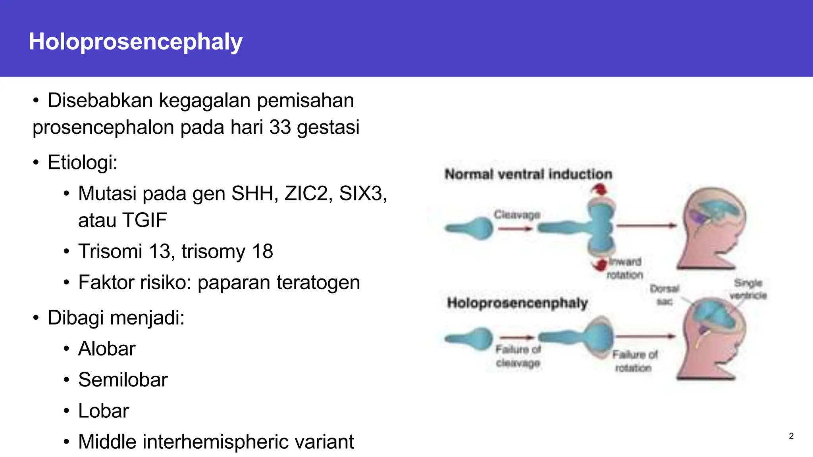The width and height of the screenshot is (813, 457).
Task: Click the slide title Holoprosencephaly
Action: point(135,41)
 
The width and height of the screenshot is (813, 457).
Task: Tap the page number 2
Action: point(791,436)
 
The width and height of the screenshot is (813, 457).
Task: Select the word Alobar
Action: point(106,349)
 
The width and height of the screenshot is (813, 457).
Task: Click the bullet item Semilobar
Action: point(123,380)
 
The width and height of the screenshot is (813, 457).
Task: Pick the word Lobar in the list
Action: point(103,411)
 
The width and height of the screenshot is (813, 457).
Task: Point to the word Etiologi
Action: point(82,162)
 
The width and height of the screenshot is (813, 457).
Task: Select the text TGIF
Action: point(144,220)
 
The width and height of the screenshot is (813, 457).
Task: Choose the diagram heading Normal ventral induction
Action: point(528,174)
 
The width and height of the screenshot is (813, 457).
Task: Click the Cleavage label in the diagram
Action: point(516,215)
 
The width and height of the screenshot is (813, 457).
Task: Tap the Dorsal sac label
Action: point(665,295)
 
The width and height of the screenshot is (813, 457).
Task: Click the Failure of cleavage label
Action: point(518,356)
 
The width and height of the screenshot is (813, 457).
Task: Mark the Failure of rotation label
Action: point(634,361)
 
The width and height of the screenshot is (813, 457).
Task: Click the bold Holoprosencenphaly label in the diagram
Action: point(517,303)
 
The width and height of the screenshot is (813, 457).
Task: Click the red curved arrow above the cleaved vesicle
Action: point(600,190)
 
